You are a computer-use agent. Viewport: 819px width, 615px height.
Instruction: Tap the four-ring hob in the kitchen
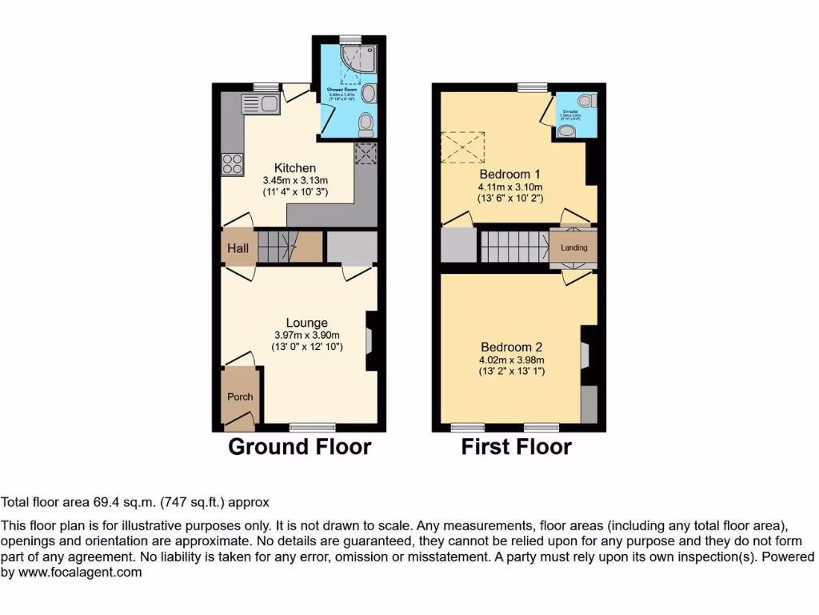(x=233, y=163)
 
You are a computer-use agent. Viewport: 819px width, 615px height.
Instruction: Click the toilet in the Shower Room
(x=366, y=123)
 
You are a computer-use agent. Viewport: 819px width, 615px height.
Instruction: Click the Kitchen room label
(x=295, y=168)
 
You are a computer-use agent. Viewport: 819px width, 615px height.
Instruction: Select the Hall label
(x=238, y=248)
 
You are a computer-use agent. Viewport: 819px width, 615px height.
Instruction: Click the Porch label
(x=240, y=396)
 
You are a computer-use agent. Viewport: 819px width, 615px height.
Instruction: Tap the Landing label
(x=573, y=247)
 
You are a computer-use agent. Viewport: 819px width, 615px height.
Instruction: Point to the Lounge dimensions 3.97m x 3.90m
(x=307, y=336)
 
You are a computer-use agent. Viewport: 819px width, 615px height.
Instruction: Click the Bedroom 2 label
(x=511, y=347)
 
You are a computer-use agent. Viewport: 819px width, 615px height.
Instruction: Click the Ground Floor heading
(x=299, y=447)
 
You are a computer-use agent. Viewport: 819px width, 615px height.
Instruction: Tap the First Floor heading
(x=516, y=447)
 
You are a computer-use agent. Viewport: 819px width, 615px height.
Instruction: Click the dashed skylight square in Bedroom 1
(x=463, y=147)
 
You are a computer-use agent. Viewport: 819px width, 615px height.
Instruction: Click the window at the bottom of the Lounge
(x=312, y=427)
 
